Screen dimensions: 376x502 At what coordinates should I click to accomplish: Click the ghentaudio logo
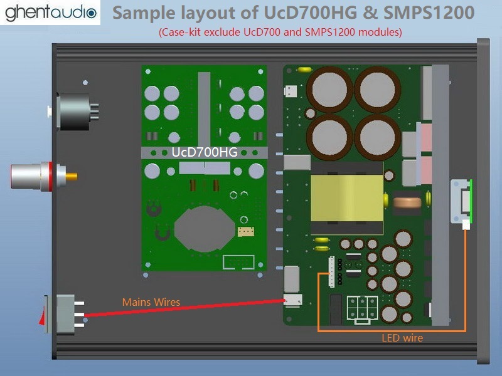click(51, 13)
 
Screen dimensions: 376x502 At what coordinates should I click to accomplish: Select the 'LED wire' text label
click(402, 338)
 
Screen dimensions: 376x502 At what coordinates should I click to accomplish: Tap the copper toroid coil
click(403, 203)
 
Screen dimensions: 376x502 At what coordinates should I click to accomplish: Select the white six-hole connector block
click(362, 308)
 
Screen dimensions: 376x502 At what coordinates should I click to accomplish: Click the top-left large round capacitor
click(327, 91)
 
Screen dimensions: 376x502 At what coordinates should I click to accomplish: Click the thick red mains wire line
click(182, 309)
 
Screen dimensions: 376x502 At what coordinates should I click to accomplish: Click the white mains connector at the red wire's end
click(291, 302)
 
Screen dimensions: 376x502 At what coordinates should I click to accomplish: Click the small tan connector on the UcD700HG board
click(245, 231)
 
